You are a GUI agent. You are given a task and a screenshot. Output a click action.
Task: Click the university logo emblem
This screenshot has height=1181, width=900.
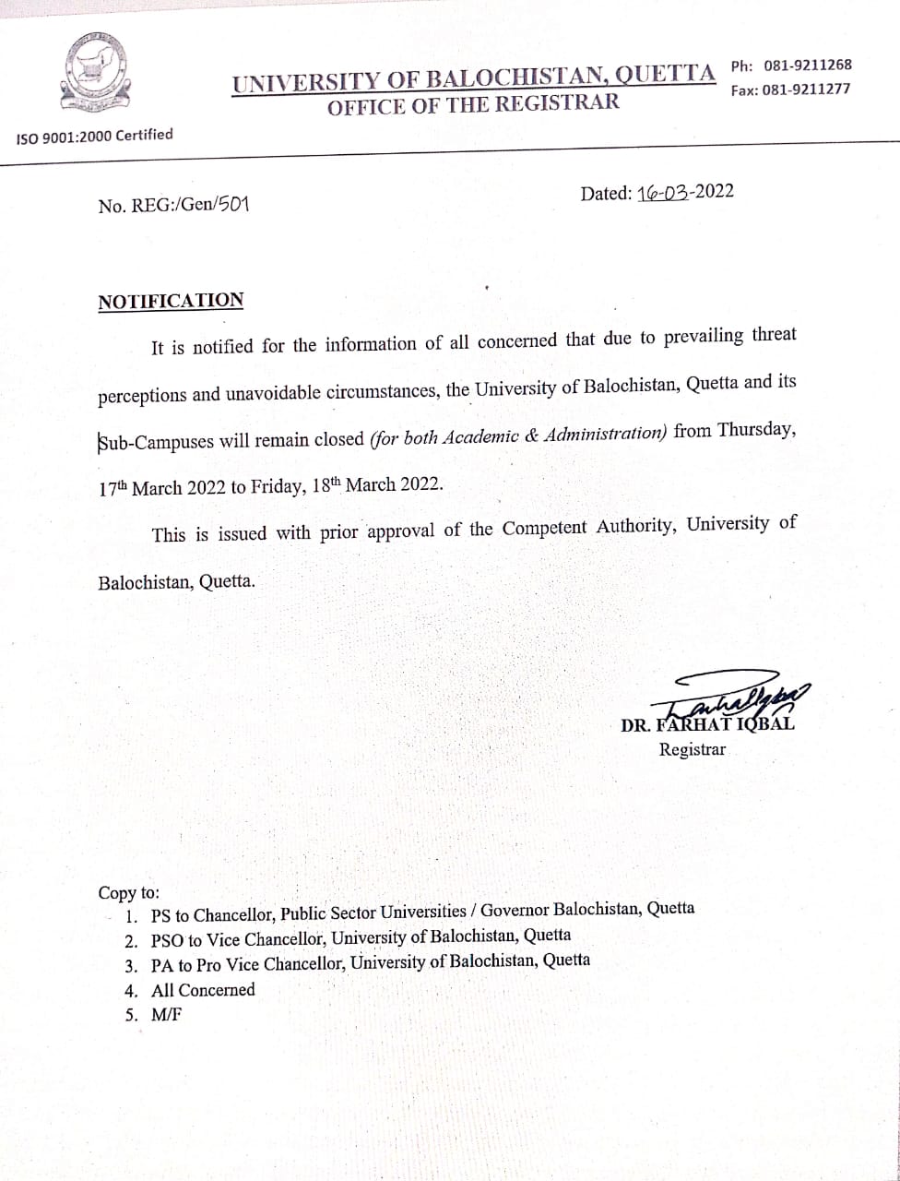click(x=96, y=77)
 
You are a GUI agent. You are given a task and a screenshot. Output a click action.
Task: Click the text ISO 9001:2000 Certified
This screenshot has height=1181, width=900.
click(x=95, y=136)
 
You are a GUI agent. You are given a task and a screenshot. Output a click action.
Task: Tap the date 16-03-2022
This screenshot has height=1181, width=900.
click(x=685, y=192)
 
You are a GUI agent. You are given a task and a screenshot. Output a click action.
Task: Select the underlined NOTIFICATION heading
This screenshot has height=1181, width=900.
click(x=172, y=301)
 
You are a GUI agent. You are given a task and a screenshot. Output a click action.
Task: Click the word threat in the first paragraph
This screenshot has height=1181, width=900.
click(x=774, y=335)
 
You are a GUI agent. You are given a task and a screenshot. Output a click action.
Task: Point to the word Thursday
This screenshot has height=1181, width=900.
click(x=755, y=430)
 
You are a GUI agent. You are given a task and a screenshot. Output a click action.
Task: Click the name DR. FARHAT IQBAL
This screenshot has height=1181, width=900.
click(x=707, y=724)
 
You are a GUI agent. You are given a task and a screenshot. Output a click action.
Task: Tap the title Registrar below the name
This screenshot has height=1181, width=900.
click(x=692, y=749)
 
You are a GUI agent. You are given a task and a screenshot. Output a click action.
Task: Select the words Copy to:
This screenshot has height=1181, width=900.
click(x=129, y=893)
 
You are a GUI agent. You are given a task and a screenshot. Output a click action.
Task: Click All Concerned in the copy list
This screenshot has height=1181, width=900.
click(x=203, y=990)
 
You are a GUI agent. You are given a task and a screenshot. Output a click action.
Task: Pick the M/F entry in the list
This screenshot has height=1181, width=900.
click(x=167, y=1015)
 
